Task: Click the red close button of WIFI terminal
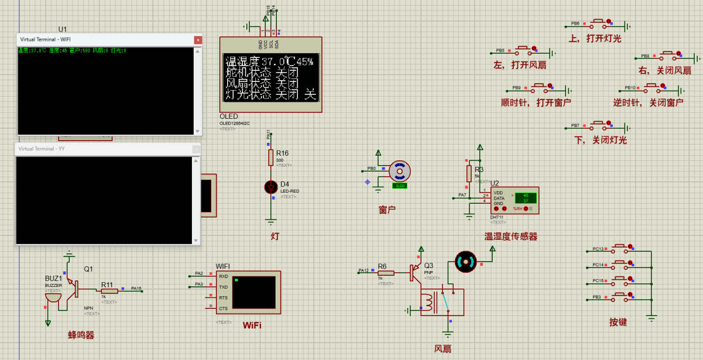[198, 39]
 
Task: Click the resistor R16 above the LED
[270, 157]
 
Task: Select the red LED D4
[270, 187]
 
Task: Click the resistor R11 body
[108, 290]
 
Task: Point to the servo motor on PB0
[400, 171]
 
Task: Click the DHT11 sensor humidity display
[525, 196]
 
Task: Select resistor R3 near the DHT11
[469, 173]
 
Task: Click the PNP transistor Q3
[416, 273]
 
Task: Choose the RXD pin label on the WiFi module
[223, 276]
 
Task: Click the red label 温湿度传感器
[510, 236]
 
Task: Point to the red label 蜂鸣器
[81, 335]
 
